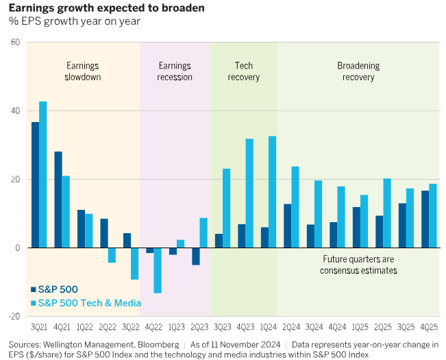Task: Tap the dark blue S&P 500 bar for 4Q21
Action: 58,200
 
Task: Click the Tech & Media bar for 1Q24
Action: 272,191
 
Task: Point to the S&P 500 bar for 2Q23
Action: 195,256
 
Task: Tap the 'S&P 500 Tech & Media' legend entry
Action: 86,303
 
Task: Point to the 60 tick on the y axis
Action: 15,43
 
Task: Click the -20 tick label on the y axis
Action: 14,316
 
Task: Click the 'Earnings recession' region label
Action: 175,71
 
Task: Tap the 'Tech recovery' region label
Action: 244,71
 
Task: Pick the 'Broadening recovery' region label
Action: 358,71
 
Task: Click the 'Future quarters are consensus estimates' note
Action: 358,265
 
